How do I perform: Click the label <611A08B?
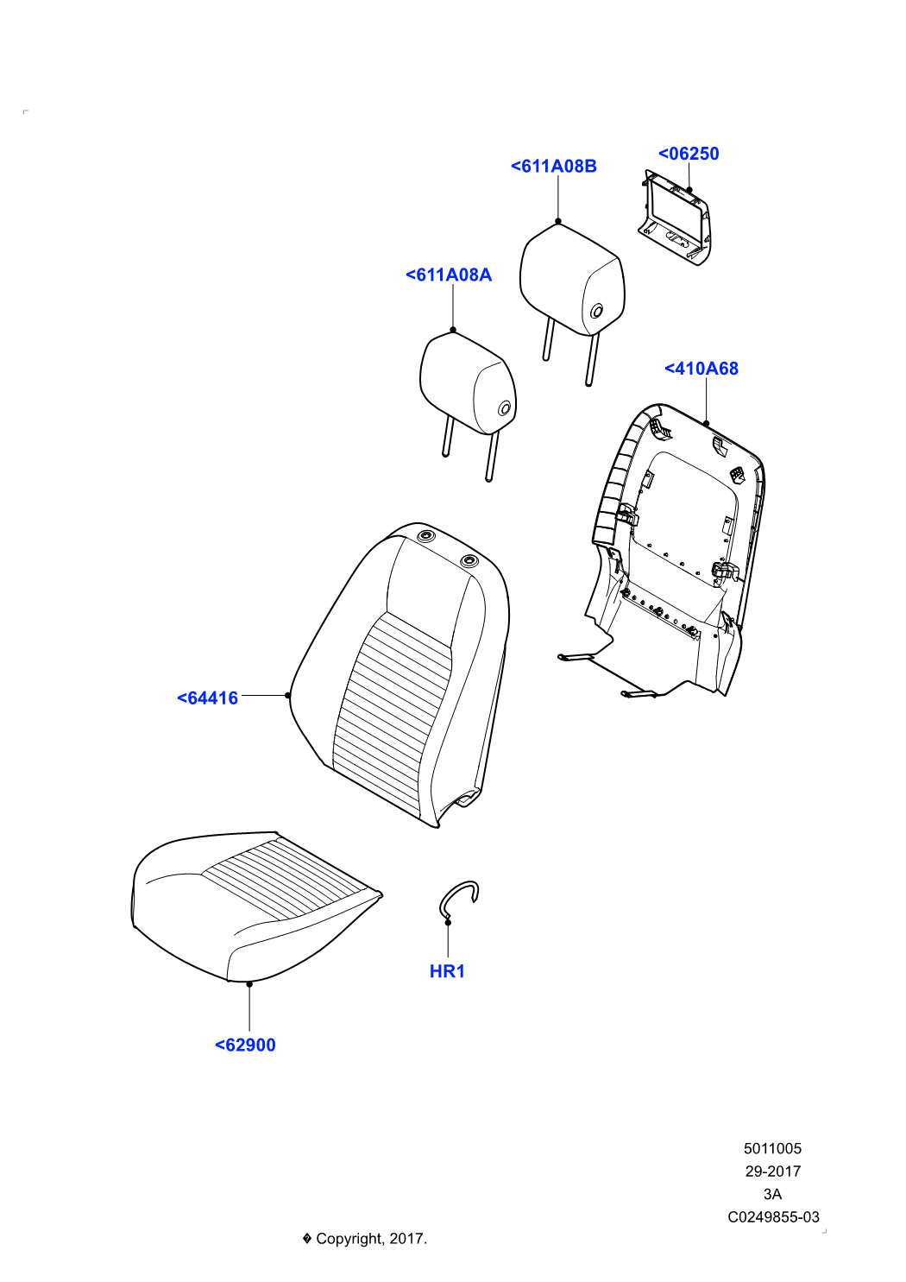point(554,166)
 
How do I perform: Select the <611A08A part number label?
point(449,275)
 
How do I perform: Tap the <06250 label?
point(689,154)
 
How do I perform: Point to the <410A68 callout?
point(702,369)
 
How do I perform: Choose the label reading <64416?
point(207,698)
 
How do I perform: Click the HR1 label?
point(448,971)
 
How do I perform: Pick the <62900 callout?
point(245,1045)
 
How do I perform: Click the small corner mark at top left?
point(25,112)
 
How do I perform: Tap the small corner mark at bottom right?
point(824,1231)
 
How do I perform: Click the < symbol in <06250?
point(664,154)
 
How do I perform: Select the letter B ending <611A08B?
point(591,166)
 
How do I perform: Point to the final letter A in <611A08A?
point(486,275)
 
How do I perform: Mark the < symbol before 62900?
point(220,1045)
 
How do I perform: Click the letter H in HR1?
point(436,971)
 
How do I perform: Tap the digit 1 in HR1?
point(461,971)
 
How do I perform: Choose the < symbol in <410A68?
point(670,369)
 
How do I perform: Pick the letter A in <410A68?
point(713,369)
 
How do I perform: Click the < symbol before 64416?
point(182,698)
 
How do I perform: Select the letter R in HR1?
point(449,971)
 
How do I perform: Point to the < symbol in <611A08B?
point(516,166)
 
